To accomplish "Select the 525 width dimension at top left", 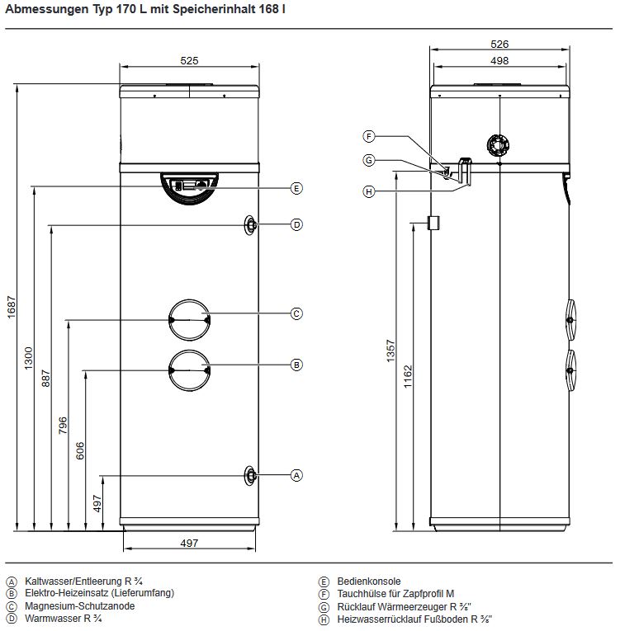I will [x=190, y=60].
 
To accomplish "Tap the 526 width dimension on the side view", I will [x=499, y=45].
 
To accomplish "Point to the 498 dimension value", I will [x=499, y=61].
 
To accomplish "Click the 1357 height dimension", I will [x=391, y=351].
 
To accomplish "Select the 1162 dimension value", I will [x=408, y=375].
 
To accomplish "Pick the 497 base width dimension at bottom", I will [x=189, y=542].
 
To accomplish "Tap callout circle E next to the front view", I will [x=297, y=188].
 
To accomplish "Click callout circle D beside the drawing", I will [x=297, y=224].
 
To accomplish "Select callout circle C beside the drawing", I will [x=297, y=313].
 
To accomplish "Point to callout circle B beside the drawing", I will [x=297, y=364].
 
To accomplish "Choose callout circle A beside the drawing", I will [x=297, y=475].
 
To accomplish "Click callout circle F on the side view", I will [x=369, y=136].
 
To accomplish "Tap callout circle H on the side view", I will [x=369, y=191].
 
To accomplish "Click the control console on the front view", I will [x=189, y=185].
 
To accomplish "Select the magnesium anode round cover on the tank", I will [x=189, y=318].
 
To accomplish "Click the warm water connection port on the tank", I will [x=250, y=225].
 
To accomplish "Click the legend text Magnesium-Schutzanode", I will [x=80, y=606].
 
